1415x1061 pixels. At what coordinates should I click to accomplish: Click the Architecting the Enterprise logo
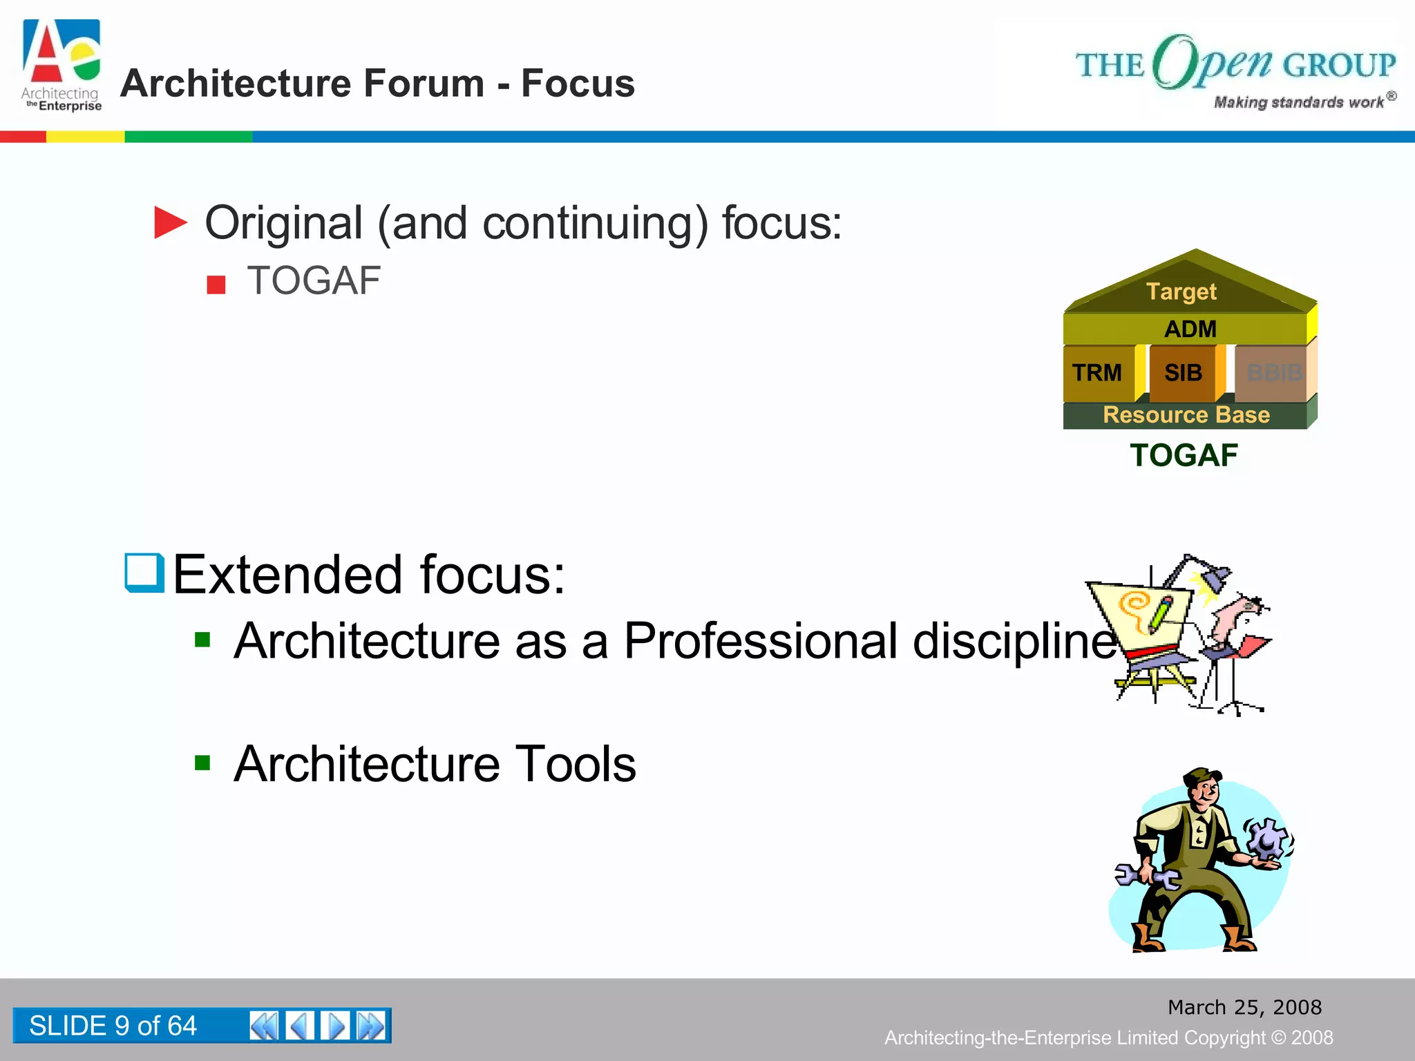(61, 65)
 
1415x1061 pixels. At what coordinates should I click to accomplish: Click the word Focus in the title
(578, 84)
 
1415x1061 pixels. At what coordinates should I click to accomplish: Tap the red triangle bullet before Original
(169, 222)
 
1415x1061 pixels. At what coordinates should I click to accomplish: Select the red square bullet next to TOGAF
(216, 284)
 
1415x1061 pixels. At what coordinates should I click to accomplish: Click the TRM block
(1097, 373)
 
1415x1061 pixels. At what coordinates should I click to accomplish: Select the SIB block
(1183, 373)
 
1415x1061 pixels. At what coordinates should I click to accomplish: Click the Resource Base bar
(1186, 414)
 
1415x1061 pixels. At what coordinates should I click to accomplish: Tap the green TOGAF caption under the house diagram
(1184, 455)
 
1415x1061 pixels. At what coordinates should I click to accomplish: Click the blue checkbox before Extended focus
(144, 573)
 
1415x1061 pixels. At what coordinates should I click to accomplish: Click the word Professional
(761, 640)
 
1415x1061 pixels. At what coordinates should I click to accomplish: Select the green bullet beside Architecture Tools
(202, 763)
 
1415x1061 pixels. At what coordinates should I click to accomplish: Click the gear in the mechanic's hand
(1269, 840)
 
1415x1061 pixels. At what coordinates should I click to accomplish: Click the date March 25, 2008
(1244, 1007)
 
